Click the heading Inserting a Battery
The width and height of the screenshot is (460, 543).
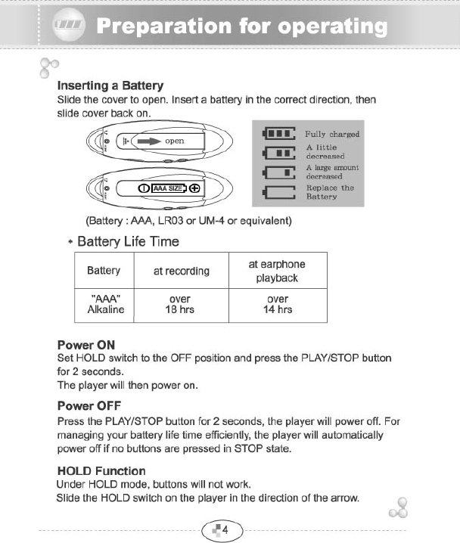pos(110,85)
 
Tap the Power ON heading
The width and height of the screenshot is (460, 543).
pos(86,345)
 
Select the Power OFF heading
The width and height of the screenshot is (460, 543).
pos(89,406)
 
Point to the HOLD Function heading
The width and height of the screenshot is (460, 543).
pos(101,470)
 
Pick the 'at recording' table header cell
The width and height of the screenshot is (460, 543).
pos(182,271)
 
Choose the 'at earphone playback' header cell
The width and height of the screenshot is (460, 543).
pos(277,271)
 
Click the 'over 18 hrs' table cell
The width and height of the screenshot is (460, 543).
pos(182,305)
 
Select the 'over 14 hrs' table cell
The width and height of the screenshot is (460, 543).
pos(277,305)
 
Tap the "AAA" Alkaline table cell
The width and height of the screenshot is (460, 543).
pos(105,305)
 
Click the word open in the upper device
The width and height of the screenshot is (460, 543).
pos(175,141)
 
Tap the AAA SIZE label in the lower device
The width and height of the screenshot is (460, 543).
pos(168,188)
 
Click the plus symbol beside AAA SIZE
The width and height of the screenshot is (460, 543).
pos(194,188)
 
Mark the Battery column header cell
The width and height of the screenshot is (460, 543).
pos(104,271)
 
